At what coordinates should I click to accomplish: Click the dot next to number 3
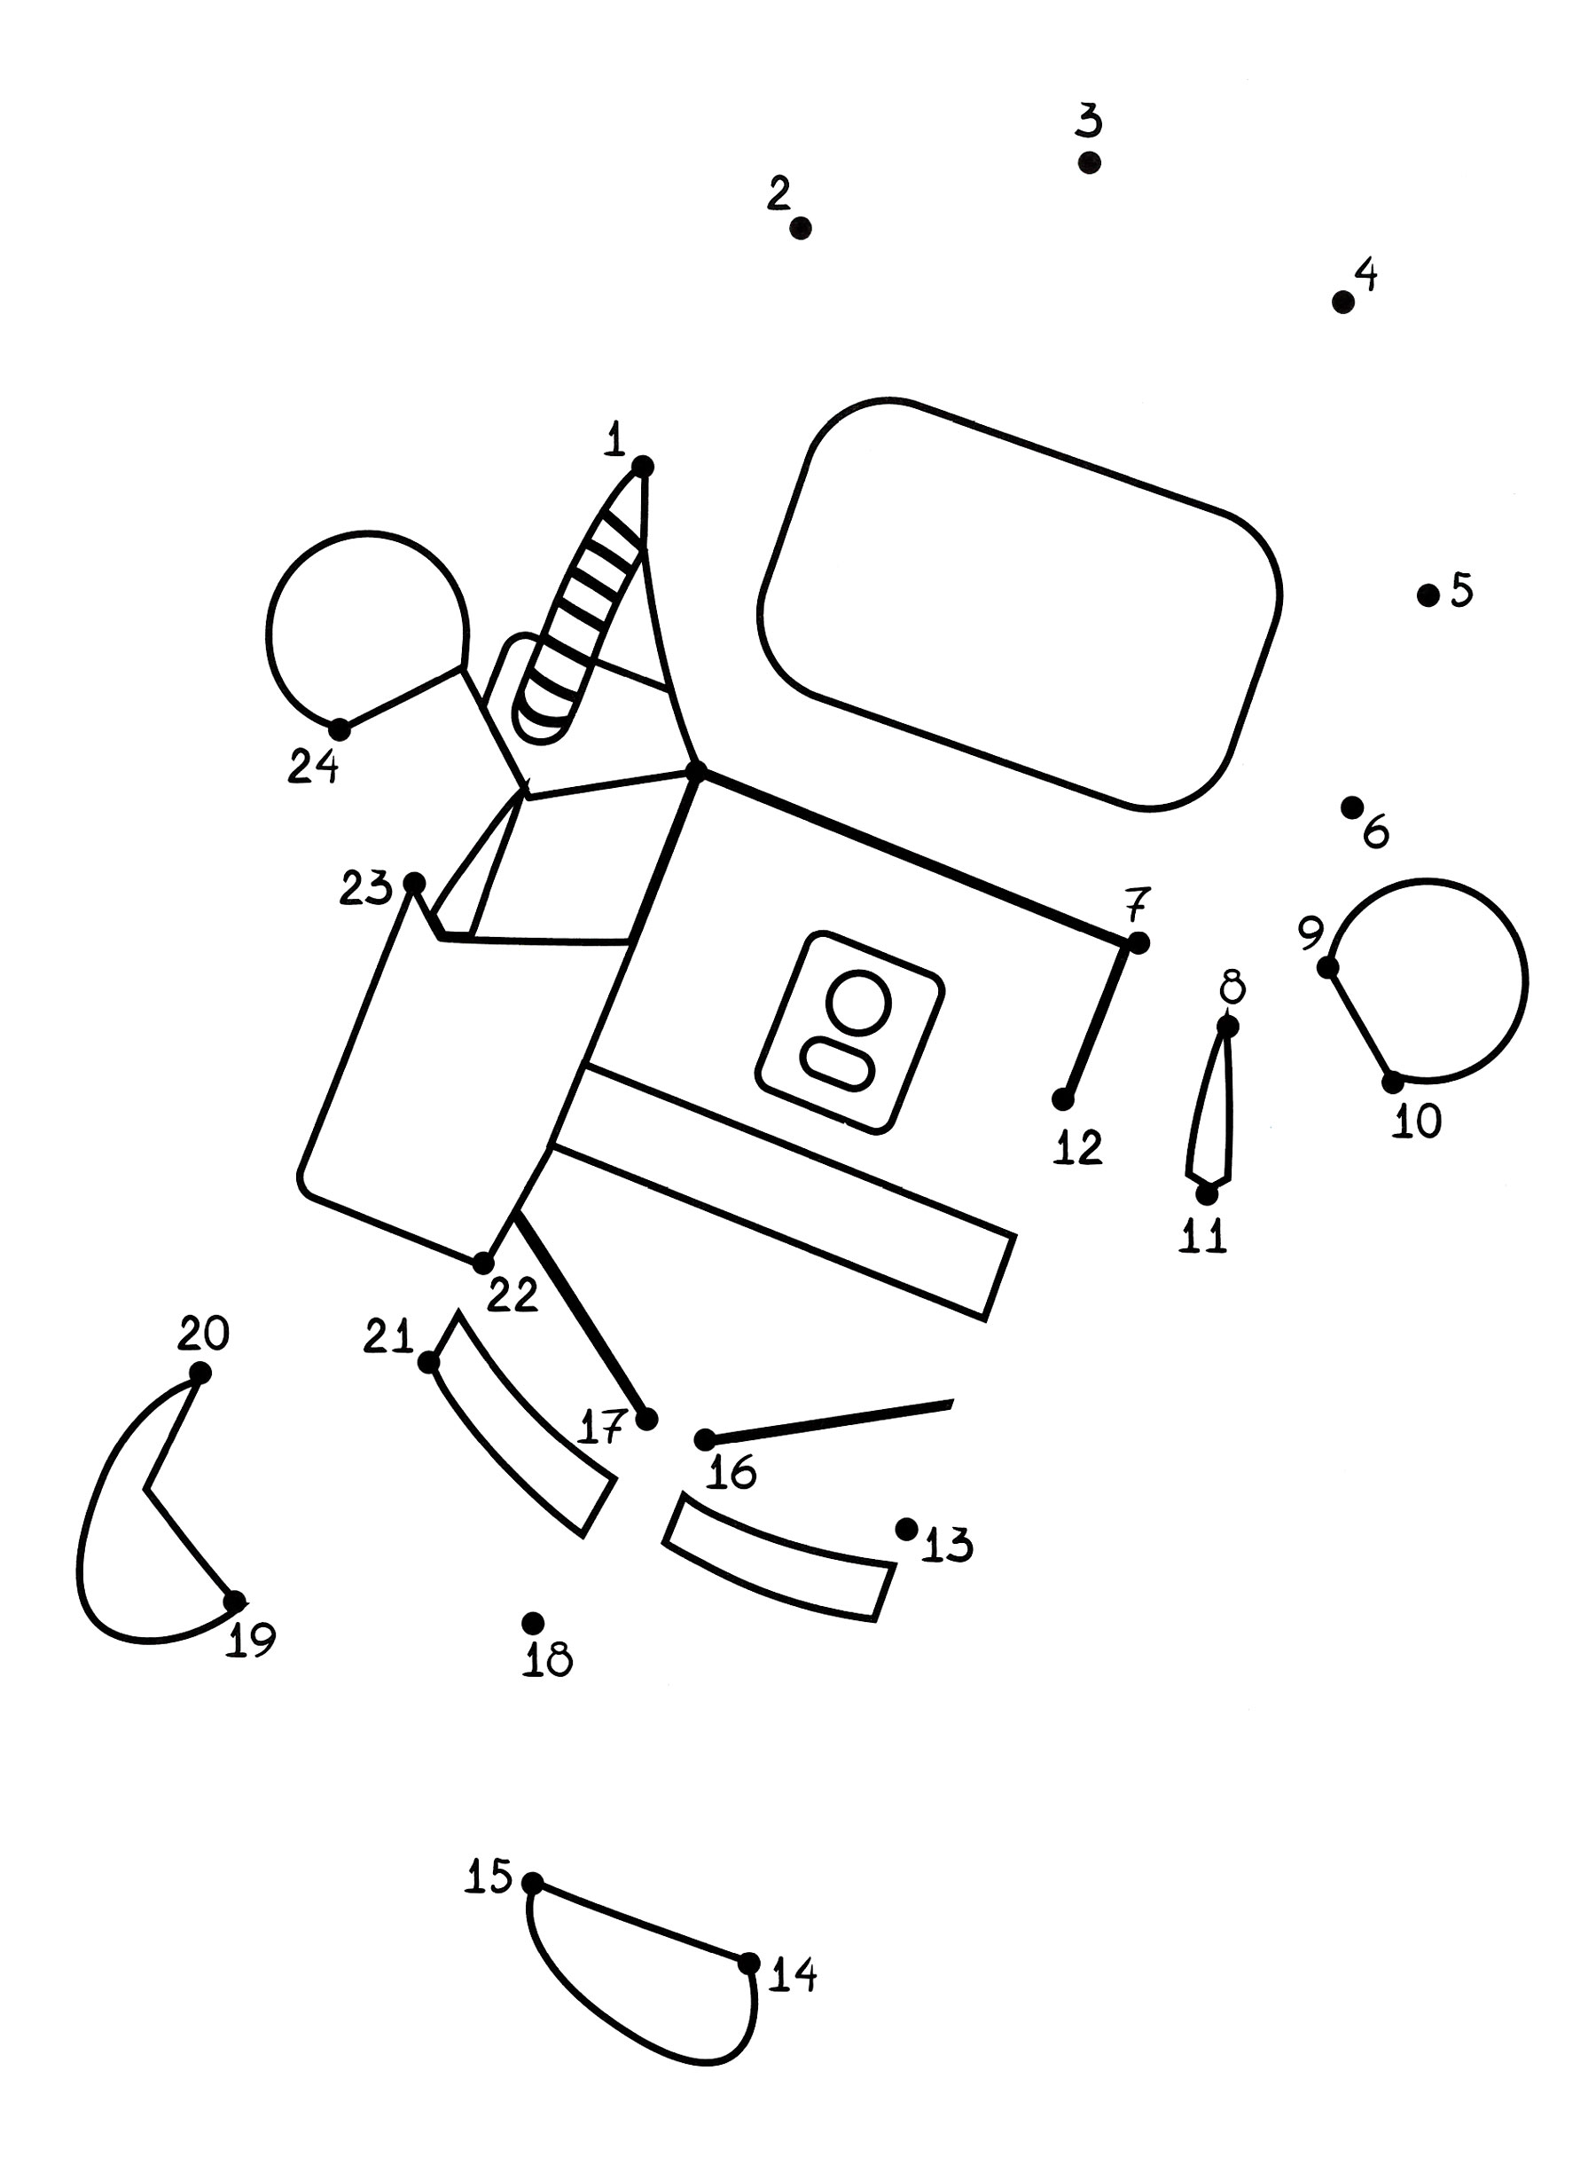point(1089,162)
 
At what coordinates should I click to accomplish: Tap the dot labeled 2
point(800,228)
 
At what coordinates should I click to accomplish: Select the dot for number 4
point(1343,303)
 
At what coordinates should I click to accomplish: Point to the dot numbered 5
point(1428,595)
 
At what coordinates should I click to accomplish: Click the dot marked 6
point(1352,807)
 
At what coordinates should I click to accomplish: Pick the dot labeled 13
point(906,1529)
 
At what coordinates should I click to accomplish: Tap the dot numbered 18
point(532,1623)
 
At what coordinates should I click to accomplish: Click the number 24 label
point(313,767)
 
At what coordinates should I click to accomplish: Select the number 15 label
point(488,1876)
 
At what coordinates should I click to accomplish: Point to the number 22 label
point(512,1295)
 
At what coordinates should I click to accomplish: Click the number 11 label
point(1203,1236)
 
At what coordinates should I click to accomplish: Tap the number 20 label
point(203,1333)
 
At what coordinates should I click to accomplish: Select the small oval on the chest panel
point(838,1064)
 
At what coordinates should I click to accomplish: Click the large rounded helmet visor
point(1020,603)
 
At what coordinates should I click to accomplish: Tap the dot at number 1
point(643,467)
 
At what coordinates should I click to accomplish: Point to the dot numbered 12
point(1063,1099)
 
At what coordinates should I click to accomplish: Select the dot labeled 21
point(429,1362)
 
